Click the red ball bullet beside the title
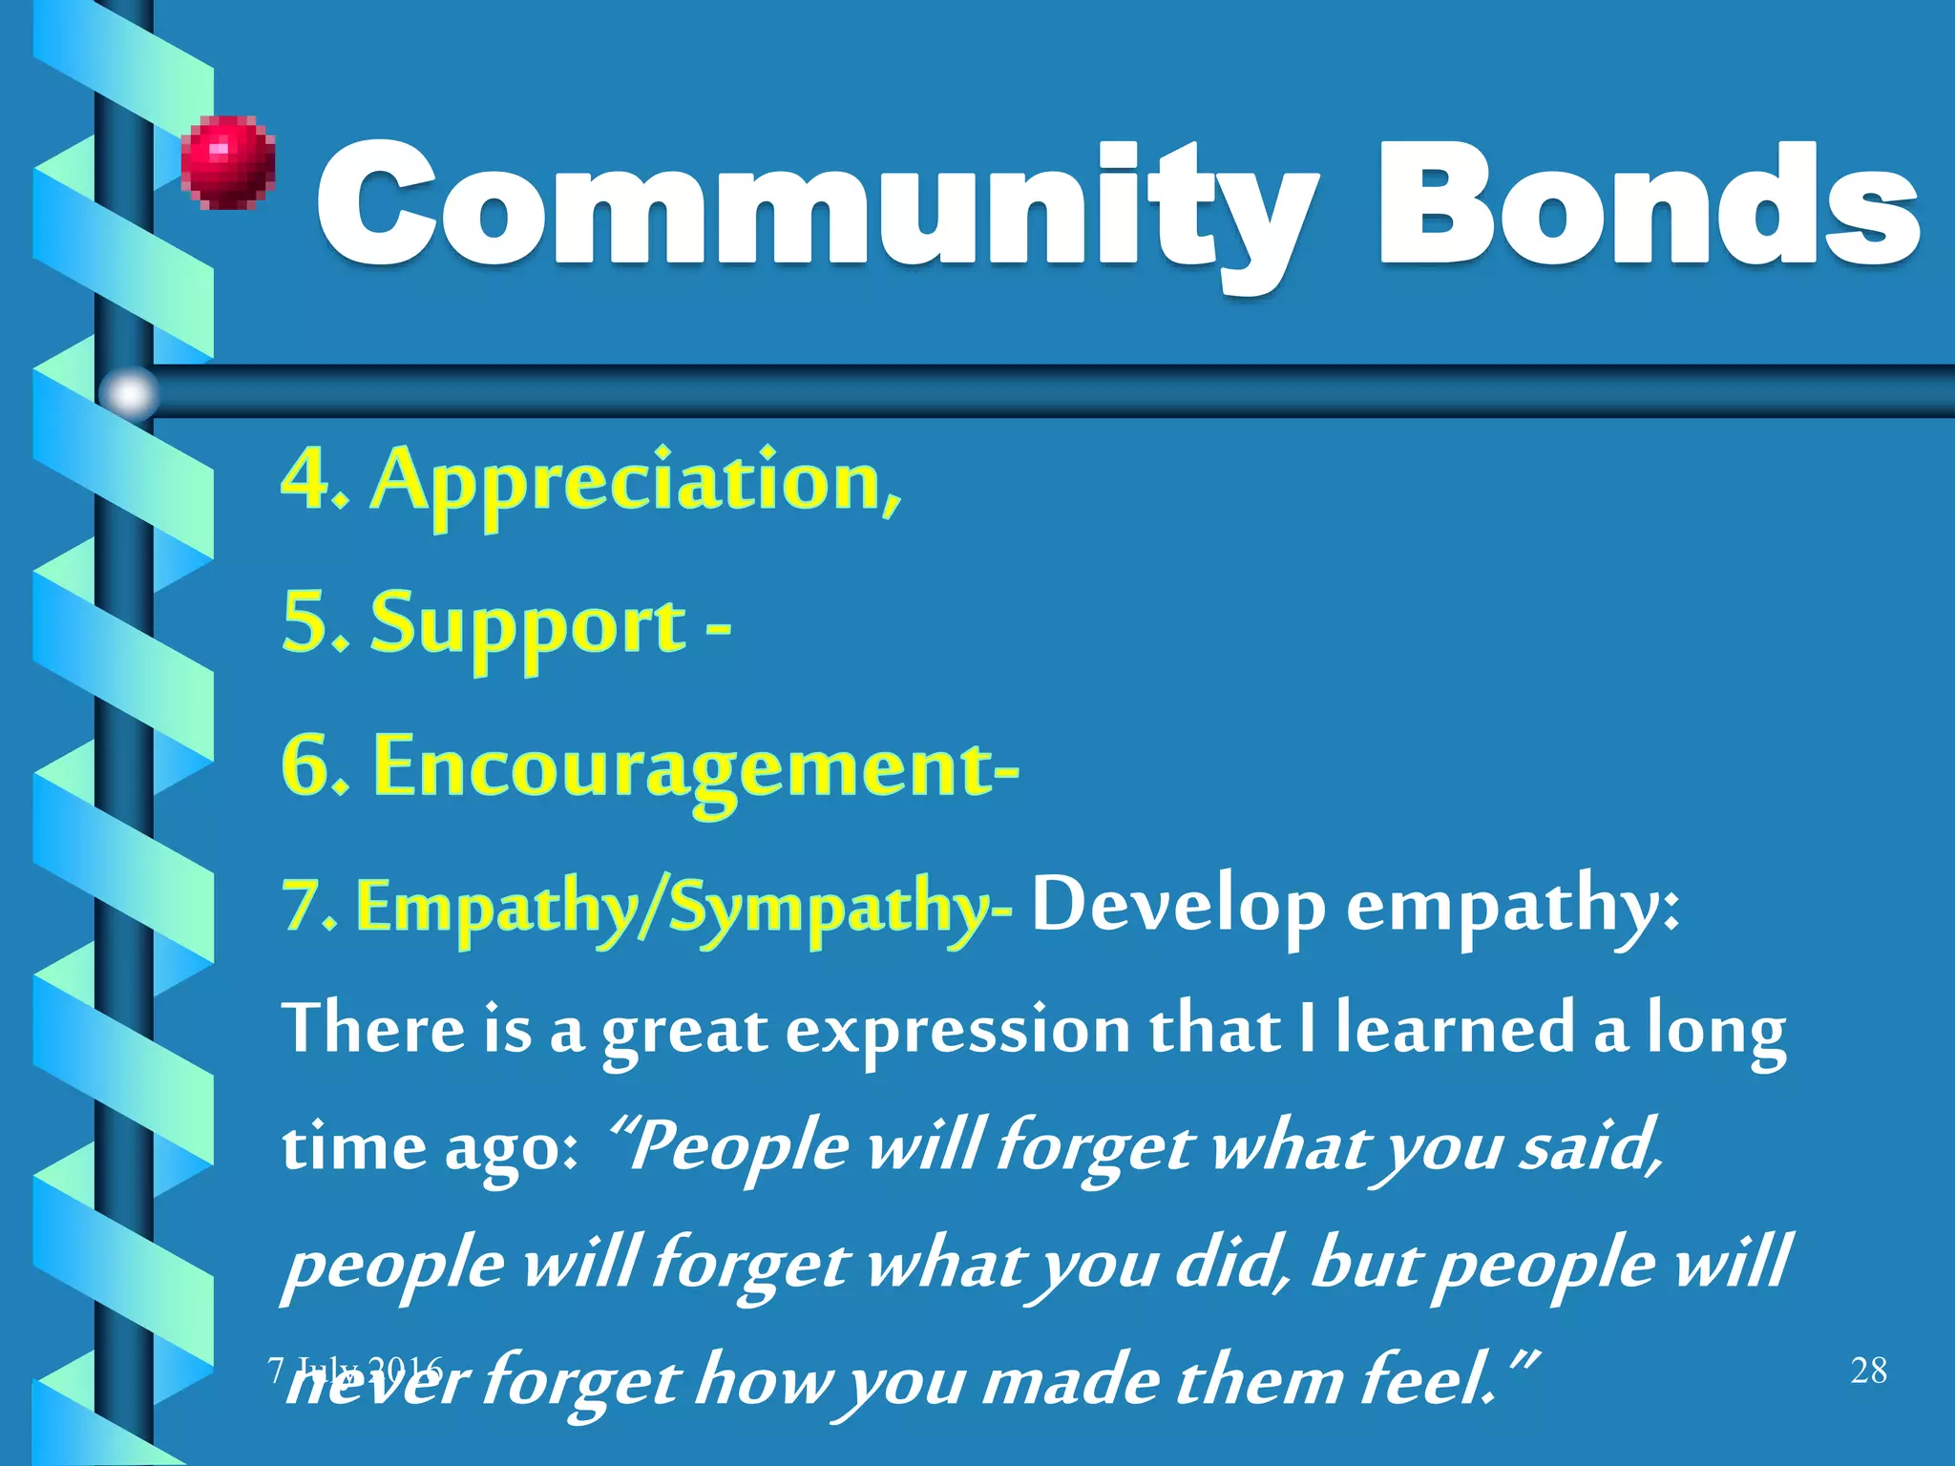coord(228,161)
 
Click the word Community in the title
coord(811,205)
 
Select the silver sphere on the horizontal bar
coord(129,392)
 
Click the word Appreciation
coord(635,482)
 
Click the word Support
coord(528,625)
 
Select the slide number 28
coord(1868,1371)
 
